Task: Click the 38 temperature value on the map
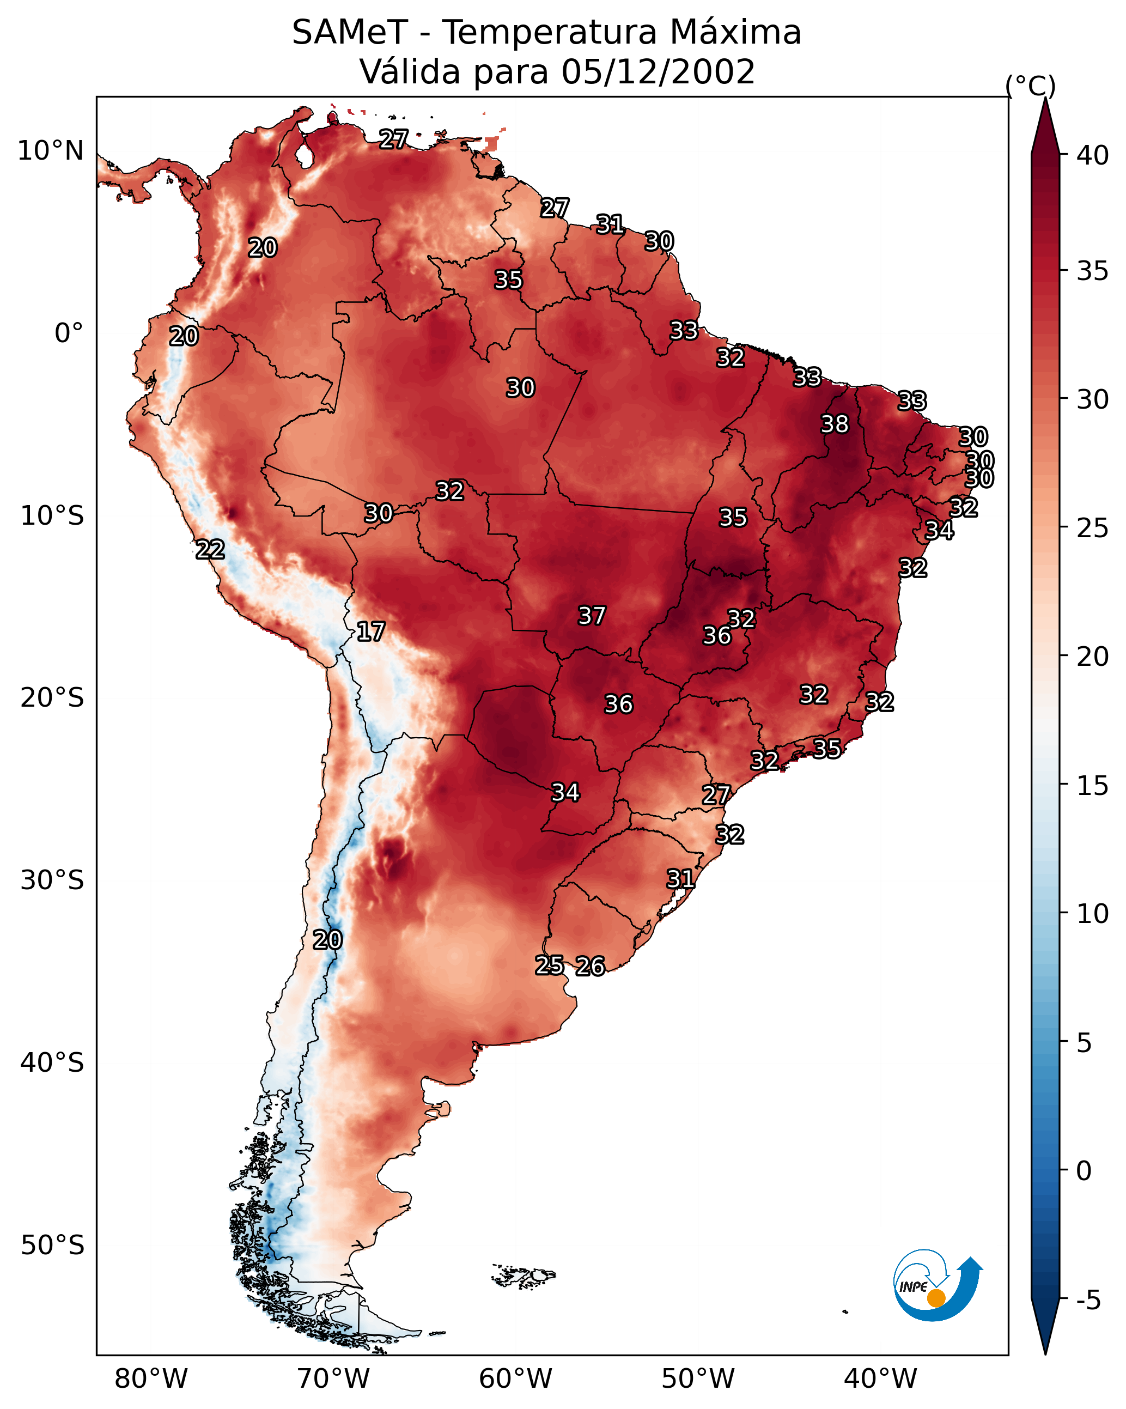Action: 835,424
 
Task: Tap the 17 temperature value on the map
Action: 370,631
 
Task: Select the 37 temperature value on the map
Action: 592,615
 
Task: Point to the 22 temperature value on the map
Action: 210,549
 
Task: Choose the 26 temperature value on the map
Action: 590,966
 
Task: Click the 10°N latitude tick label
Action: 50,151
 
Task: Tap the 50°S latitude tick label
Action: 52,1245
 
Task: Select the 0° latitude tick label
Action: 69,333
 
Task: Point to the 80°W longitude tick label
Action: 151,1378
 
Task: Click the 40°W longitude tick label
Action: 880,1378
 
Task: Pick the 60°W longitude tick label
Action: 516,1378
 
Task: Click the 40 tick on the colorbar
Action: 1093,155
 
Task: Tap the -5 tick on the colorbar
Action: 1088,1301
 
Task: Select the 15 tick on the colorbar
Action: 1093,786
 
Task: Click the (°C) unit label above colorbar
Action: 1030,86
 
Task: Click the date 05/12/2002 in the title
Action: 658,71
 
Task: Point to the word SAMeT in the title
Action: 350,32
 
